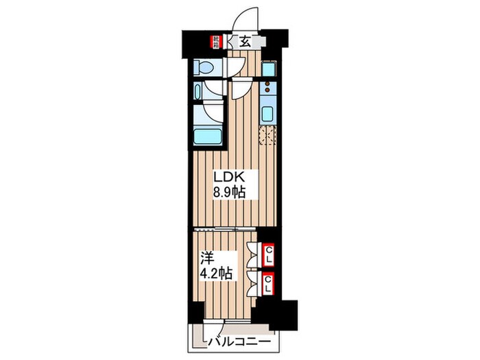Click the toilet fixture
click(204, 67)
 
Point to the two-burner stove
click(267, 88)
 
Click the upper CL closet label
click(269, 254)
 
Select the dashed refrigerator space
click(267, 136)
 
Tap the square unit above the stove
click(268, 69)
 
